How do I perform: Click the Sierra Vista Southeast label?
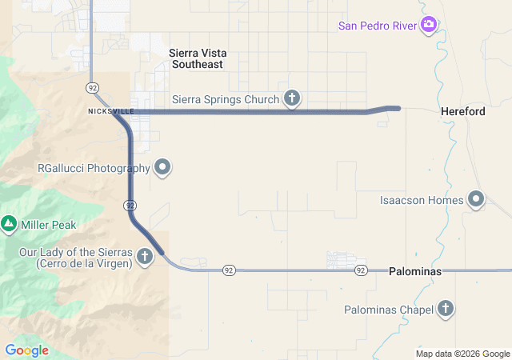click(x=196, y=58)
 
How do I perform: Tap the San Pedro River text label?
click(x=378, y=25)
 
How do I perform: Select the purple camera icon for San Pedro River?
click(x=430, y=25)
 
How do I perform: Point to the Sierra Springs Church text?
click(x=226, y=100)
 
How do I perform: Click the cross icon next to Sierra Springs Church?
click(x=292, y=99)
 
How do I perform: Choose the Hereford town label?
click(x=462, y=112)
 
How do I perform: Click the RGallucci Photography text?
click(x=94, y=168)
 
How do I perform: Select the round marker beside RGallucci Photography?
click(x=163, y=167)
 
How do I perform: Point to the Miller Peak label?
click(x=49, y=225)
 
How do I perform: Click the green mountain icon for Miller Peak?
click(x=10, y=224)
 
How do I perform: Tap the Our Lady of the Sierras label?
click(x=75, y=258)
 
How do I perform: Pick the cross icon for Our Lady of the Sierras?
click(x=145, y=257)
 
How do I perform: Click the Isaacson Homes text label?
click(x=422, y=199)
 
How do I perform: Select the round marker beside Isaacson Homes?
click(x=477, y=198)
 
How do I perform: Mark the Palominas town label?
click(x=414, y=272)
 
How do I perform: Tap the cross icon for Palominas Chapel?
click(x=446, y=309)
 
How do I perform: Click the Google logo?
click(x=27, y=350)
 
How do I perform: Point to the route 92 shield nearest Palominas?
click(x=361, y=270)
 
